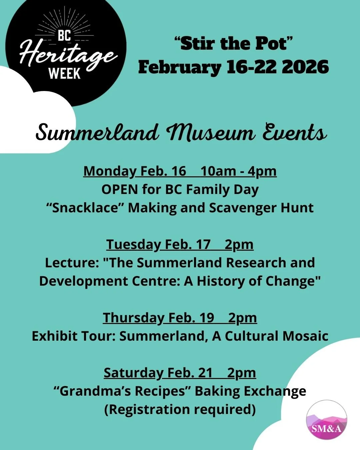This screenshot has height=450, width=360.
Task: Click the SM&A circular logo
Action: [x=326, y=420]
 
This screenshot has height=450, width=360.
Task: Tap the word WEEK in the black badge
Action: [x=65, y=74]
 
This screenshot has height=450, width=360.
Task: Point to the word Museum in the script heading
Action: [x=211, y=133]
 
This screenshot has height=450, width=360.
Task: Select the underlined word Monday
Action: [x=109, y=171]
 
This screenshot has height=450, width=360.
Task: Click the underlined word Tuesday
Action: [x=133, y=245]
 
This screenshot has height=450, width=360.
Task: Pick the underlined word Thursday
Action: [x=133, y=318]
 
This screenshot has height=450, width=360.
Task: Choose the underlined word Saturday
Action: [x=133, y=373]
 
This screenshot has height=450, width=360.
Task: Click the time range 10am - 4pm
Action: [x=238, y=171]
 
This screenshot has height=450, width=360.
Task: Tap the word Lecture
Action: [x=72, y=263]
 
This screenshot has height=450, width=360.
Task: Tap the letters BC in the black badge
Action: [x=65, y=35]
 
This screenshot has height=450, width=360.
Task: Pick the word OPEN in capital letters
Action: [x=119, y=190]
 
